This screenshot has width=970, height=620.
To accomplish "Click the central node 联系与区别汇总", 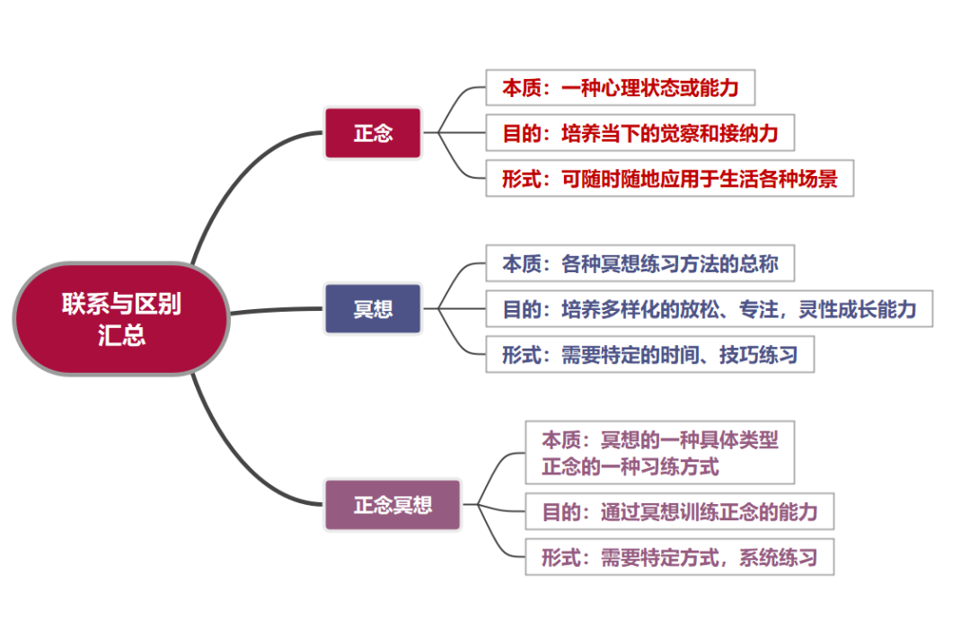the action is (x=121, y=319).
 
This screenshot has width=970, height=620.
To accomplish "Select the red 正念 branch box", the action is (x=373, y=133).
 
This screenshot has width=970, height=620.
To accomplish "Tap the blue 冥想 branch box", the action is (x=373, y=309).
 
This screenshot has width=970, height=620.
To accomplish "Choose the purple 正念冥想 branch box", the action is (x=392, y=505).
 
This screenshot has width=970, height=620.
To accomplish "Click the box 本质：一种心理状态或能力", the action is (x=621, y=88).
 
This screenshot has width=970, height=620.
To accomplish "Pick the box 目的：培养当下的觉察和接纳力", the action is (x=640, y=133).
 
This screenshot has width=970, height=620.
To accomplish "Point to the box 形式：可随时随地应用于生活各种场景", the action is (x=670, y=179).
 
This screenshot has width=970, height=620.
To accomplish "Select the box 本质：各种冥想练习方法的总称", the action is (x=640, y=263).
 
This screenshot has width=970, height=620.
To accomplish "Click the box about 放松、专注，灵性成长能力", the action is (x=710, y=309).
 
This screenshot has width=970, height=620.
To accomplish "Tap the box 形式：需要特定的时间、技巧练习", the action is (x=650, y=355).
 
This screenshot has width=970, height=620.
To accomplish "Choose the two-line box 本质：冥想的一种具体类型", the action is (x=660, y=453).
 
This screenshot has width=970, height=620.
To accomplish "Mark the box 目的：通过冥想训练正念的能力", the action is (x=680, y=511).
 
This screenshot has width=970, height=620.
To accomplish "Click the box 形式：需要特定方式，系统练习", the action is (x=680, y=557).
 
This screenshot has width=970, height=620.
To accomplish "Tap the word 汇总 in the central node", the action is (x=121, y=335).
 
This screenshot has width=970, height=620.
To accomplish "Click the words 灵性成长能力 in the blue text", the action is (x=858, y=309).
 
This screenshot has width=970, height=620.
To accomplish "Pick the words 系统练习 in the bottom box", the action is (x=778, y=557).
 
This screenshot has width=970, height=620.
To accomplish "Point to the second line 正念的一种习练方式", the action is (x=630, y=466).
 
